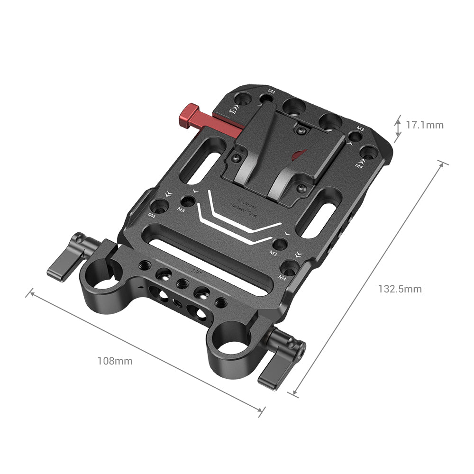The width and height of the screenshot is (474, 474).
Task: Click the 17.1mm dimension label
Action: click(x=425, y=125)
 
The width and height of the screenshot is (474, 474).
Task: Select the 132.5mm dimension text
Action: click(x=399, y=289)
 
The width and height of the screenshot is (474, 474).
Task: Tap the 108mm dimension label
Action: click(x=115, y=361)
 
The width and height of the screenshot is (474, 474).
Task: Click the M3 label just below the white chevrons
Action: click(x=273, y=254)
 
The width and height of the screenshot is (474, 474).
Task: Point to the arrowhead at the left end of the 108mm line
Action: click(x=32, y=292)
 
